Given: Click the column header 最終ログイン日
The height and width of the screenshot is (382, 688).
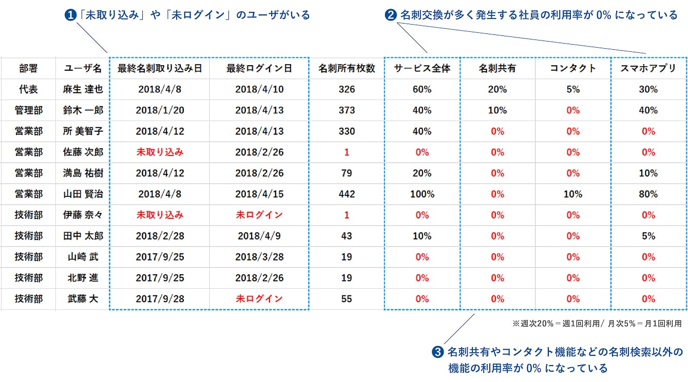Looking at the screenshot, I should [x=259, y=68].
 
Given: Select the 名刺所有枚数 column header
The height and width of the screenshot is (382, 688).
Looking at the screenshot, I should [x=347, y=68].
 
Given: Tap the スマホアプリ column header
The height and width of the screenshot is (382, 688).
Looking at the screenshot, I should [x=648, y=68].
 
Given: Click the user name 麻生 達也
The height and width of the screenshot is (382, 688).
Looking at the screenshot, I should [x=83, y=89].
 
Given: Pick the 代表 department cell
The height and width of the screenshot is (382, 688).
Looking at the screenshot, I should [x=28, y=89].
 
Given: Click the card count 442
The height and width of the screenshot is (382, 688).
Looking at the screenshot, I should [x=347, y=194].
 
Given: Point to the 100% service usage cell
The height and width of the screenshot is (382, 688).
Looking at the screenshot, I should [x=422, y=194].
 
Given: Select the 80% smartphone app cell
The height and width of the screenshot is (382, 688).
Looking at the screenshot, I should [x=648, y=194].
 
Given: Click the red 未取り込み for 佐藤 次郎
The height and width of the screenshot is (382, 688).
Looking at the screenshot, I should [x=160, y=152].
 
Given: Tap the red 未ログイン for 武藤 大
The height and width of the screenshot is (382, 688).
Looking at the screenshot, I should [x=259, y=299].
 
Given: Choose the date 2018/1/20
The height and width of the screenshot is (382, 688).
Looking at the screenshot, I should [x=160, y=110].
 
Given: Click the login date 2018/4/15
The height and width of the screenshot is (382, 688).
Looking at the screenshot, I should [x=259, y=194].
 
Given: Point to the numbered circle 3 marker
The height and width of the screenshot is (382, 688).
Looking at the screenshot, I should [x=437, y=352].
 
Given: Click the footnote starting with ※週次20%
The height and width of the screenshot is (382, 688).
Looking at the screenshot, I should [x=597, y=324].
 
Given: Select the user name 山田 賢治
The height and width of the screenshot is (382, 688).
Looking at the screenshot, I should [x=83, y=194].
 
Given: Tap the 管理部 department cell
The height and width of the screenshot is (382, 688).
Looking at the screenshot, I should [x=28, y=110].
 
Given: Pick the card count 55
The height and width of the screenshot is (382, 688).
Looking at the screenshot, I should [x=347, y=299].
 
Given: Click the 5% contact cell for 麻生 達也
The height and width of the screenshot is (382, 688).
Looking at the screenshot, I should [x=573, y=89].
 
